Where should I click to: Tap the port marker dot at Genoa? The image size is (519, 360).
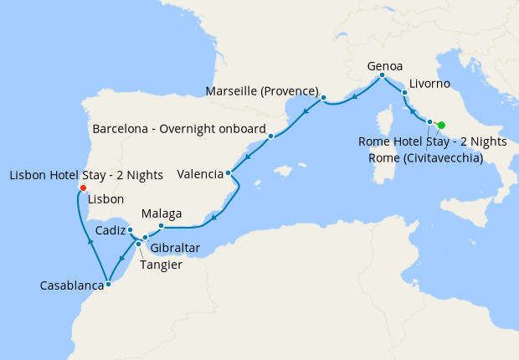[382, 76]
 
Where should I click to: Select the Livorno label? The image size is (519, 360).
[430, 84]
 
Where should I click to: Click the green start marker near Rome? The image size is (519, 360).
[441, 125]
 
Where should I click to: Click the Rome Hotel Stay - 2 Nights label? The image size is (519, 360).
[432, 142]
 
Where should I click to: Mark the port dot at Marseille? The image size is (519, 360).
[323, 99]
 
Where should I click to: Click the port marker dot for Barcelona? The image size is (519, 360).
[271, 136]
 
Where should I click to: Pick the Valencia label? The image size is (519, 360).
[200, 174]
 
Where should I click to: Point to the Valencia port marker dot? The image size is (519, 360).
[229, 174]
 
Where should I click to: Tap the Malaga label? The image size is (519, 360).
[162, 213]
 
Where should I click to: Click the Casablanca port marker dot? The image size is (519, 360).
[108, 285]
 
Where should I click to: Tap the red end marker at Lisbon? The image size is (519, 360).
[81, 187]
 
